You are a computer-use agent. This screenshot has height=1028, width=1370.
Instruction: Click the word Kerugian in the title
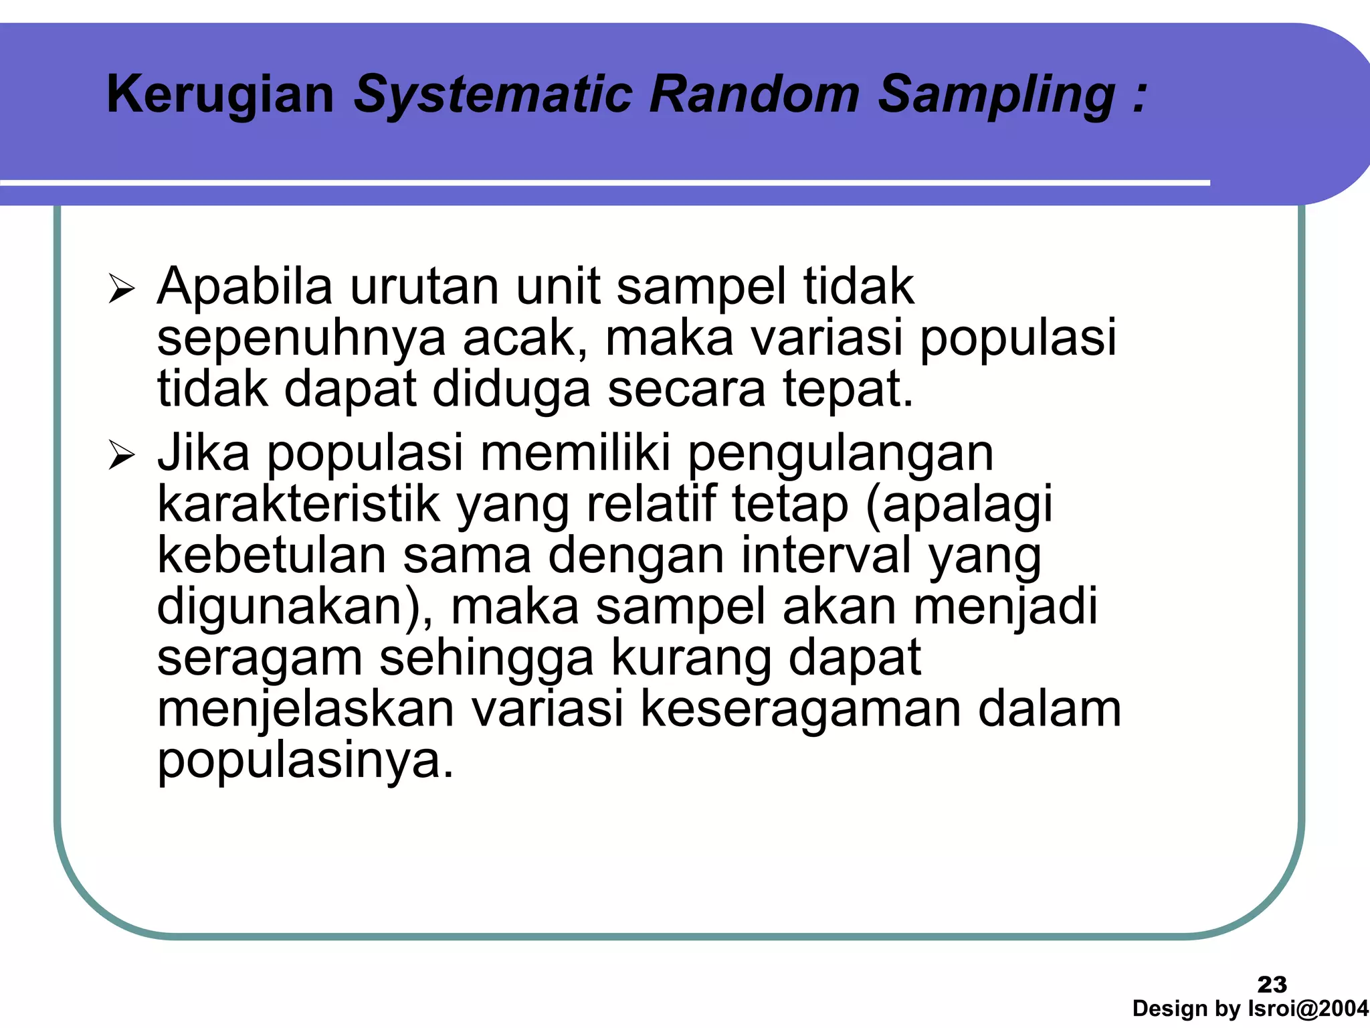click(x=220, y=95)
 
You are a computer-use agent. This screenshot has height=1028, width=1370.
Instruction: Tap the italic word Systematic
click(x=493, y=95)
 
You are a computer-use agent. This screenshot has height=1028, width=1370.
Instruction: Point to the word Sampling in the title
click(x=996, y=95)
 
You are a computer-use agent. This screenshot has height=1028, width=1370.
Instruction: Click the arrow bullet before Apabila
click(x=122, y=290)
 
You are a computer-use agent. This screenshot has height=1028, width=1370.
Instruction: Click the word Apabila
click(x=245, y=286)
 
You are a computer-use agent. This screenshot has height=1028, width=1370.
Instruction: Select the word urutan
click(x=424, y=286)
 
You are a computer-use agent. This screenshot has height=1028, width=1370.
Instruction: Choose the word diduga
click(x=511, y=389)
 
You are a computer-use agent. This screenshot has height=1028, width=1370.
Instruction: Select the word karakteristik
click(x=298, y=504)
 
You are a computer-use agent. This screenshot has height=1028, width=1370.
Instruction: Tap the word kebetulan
click(x=272, y=555)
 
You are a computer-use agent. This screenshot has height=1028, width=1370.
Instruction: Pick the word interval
click(x=825, y=555)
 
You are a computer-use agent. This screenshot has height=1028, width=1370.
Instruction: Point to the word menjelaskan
click(x=306, y=709)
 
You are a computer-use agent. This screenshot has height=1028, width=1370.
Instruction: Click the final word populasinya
click(x=305, y=762)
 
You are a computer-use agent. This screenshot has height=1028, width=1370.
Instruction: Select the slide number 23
click(x=1272, y=984)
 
